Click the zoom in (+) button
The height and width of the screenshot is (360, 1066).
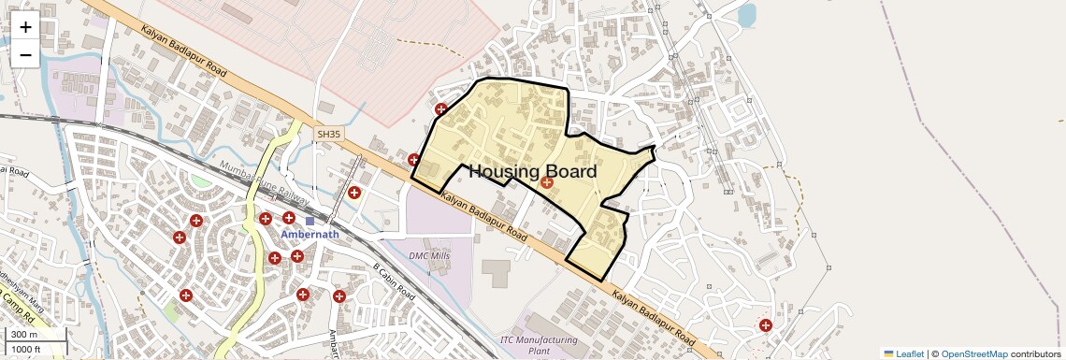[25, 27]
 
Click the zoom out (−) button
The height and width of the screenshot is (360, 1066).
[25, 55]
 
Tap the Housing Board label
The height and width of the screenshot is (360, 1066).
[532, 172]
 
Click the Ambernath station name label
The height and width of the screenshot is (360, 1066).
[310, 235]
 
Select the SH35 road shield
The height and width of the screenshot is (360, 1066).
[329, 135]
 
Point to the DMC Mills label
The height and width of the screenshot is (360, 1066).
[429, 255]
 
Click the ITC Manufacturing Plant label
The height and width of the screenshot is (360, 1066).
[539, 345]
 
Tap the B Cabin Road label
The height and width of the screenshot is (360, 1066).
[394, 281]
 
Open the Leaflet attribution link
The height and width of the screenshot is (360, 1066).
[909, 353]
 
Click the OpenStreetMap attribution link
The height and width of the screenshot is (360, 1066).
[973, 353]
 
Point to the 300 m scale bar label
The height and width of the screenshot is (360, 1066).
[23, 335]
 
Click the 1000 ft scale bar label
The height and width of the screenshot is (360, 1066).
[26, 349]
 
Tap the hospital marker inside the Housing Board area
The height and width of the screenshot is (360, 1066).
[547, 182]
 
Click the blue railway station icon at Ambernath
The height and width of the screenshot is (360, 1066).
[310, 222]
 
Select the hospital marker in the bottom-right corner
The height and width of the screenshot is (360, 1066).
[766, 325]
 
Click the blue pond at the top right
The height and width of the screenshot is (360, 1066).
[745, 15]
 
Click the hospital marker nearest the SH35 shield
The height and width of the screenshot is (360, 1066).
[354, 193]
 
